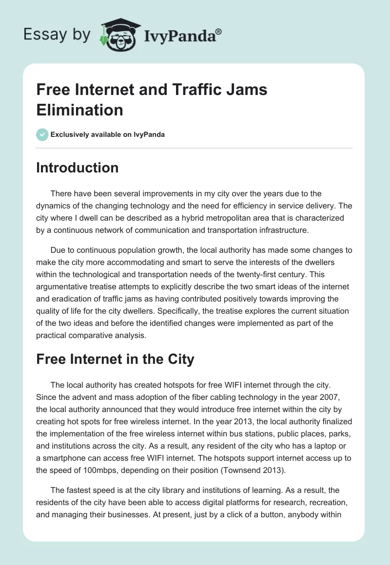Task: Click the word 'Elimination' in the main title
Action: [79, 110]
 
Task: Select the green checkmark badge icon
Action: [42, 134]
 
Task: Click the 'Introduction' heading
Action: [78, 168]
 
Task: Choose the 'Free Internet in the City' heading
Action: [115, 359]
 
